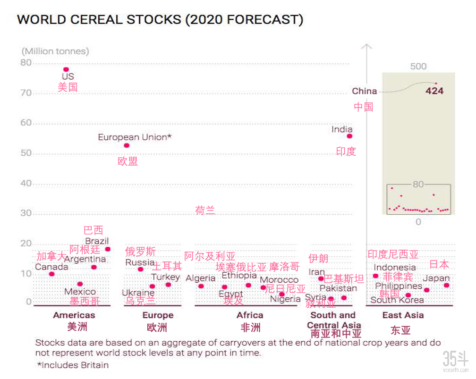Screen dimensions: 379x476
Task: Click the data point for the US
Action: click(66, 69)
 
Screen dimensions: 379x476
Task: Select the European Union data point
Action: click(127, 145)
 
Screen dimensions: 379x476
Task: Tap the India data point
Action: click(349, 136)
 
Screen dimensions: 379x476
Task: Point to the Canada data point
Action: click(51, 274)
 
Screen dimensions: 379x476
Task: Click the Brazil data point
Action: click(108, 249)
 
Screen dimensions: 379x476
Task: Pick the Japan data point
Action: click(446, 285)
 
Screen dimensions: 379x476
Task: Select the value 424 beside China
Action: click(434, 91)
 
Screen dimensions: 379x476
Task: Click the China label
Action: click(365, 91)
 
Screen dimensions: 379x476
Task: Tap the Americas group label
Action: click(74, 315)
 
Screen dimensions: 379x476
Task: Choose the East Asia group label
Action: click(403, 315)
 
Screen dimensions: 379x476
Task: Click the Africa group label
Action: click(250, 315)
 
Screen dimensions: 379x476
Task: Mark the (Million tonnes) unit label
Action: click(55, 51)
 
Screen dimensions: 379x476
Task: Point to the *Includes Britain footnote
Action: click(73, 365)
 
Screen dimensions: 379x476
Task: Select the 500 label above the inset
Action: click(418, 67)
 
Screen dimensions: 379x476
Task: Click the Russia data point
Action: click(140, 269)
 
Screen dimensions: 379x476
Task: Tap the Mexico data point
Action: click(80, 284)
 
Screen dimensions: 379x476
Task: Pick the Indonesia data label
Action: click(395, 268)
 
